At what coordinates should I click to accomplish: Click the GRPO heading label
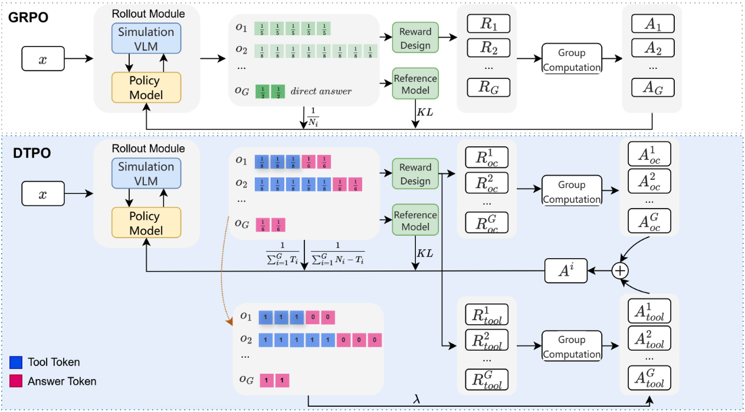click(28, 17)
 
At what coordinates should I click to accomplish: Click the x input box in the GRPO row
click(42, 59)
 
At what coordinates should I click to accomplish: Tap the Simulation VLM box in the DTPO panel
click(146, 173)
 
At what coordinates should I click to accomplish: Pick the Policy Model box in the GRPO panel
click(146, 87)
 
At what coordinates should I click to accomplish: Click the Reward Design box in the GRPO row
click(415, 38)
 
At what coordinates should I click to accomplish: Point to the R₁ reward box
click(488, 24)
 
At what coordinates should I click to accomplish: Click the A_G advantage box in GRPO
click(652, 87)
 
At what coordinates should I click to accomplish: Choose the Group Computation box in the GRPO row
click(572, 60)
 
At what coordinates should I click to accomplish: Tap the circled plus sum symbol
click(619, 271)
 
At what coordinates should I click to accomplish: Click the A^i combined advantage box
click(566, 271)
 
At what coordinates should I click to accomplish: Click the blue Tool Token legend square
click(17, 362)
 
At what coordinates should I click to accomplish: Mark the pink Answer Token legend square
click(17, 381)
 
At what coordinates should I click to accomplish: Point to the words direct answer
click(320, 91)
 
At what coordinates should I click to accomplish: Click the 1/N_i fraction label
click(313, 117)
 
